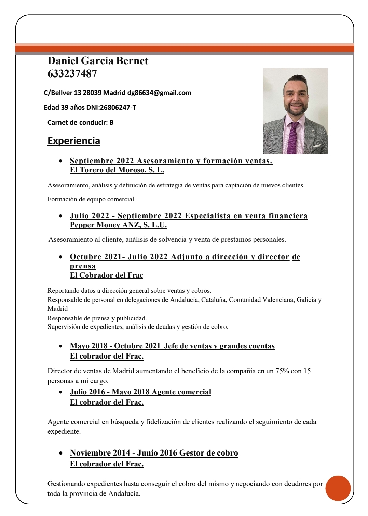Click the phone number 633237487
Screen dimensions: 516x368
[x=72, y=73]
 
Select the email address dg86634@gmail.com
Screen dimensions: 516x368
[x=159, y=93]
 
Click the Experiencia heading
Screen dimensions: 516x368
[x=74, y=141]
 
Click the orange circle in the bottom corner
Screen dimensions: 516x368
[x=338, y=488]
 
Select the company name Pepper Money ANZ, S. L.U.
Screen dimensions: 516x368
[x=118, y=225]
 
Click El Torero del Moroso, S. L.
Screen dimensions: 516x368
[x=117, y=170]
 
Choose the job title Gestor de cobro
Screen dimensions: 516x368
[x=208, y=453]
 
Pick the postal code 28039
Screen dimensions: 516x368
[x=92, y=93]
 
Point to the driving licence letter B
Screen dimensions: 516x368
[x=111, y=122]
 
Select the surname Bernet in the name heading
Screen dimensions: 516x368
[x=132, y=61]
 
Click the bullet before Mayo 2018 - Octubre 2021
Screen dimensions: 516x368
[x=60, y=346]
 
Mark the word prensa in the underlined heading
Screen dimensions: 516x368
[x=83, y=266]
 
